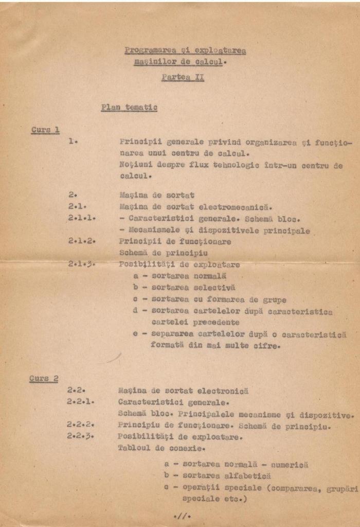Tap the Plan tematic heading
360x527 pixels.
[129, 108]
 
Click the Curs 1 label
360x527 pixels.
[45, 130]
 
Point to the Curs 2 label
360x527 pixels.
[44, 379]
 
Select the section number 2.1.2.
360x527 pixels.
[82, 241]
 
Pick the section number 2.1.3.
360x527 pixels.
[82, 264]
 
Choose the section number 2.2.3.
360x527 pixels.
[81, 436]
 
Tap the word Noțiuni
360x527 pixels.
[136, 165]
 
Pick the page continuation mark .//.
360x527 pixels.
[182, 515]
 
